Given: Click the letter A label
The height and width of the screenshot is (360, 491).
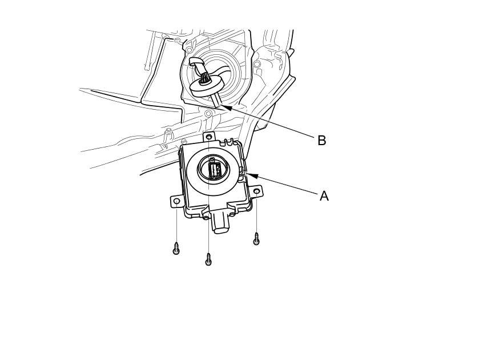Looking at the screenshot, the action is click(324, 196).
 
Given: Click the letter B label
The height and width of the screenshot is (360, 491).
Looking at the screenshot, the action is click(321, 141).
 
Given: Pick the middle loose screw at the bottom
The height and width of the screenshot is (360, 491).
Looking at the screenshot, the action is click(208, 260).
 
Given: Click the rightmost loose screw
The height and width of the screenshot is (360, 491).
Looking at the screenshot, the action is click(256, 239).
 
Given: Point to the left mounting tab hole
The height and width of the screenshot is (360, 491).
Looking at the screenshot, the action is click(177, 201).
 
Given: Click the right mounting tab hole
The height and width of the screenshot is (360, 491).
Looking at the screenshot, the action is click(256, 191).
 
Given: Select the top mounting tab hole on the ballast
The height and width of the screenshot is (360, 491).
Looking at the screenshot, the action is click(209, 137).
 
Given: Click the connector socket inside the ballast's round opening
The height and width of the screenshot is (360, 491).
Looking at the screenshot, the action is click(215, 170).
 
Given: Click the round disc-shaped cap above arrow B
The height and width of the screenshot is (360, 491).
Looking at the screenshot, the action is click(207, 87).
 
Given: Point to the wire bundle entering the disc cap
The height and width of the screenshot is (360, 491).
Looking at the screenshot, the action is click(203, 73).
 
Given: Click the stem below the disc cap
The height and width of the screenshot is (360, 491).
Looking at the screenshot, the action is click(216, 100).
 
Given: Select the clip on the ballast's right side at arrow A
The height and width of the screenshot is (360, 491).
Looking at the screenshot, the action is click(243, 172).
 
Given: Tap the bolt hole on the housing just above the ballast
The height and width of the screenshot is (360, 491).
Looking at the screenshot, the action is click(208, 114).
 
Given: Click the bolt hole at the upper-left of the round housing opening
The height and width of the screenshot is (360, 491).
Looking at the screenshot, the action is click(189, 51).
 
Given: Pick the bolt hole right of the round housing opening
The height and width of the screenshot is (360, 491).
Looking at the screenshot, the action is click(257, 64).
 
